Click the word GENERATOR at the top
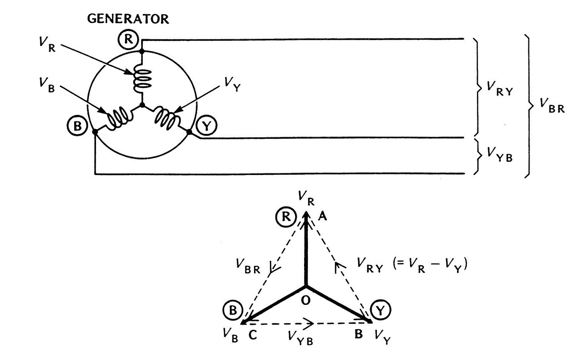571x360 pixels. tap(128, 19)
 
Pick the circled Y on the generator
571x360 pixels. tap(206, 126)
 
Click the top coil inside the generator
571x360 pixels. tap(142, 78)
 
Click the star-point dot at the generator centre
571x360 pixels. tap(142, 105)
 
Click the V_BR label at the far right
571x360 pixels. tap(552, 105)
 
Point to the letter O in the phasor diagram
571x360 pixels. tap(305, 301)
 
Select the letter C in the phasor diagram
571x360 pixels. tap(252, 336)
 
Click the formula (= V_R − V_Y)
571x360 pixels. tap(430, 265)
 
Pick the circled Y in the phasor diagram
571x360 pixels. tap(381, 310)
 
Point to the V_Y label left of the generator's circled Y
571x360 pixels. tap(232, 84)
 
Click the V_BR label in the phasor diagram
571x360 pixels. tap(248, 265)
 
